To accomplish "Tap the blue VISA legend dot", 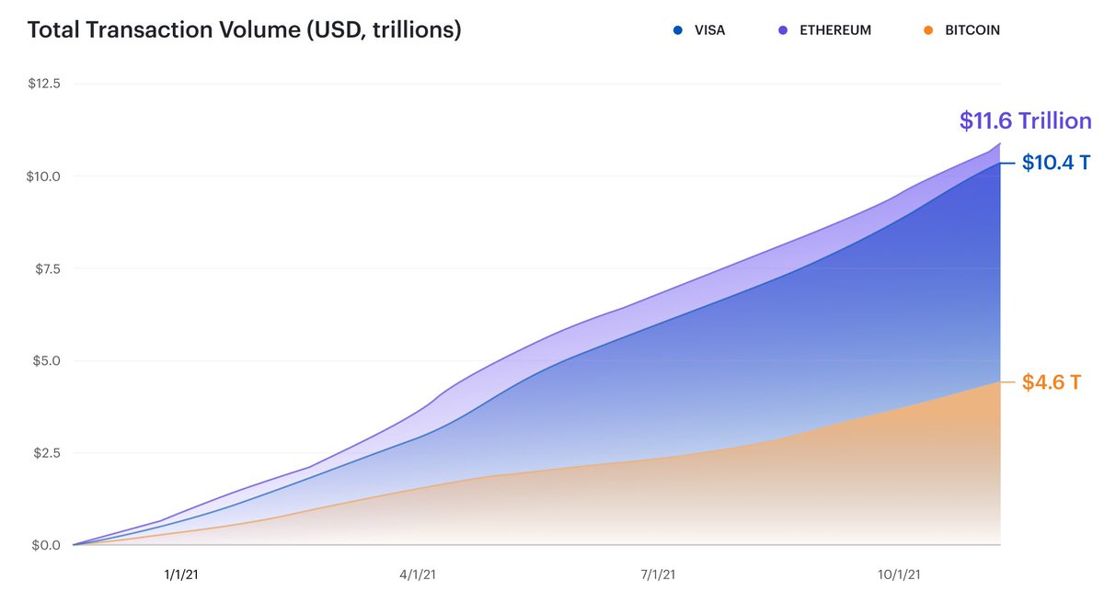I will tap(678, 30).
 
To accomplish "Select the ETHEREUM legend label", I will tap(835, 30).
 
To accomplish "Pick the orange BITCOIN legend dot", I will tap(927, 30).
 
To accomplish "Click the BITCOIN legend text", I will tap(972, 30).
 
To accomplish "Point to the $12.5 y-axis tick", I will tap(44, 84).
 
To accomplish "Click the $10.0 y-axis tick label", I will tap(44, 176).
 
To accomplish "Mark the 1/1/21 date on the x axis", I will tap(181, 574).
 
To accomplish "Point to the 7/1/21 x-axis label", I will tap(659, 574).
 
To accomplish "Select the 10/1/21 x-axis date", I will tap(898, 574).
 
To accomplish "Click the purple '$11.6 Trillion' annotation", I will tap(1025, 120).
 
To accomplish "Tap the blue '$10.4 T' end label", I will tap(1056, 164).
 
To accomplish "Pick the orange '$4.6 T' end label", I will tap(1051, 382).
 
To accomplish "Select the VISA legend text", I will tap(710, 30).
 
